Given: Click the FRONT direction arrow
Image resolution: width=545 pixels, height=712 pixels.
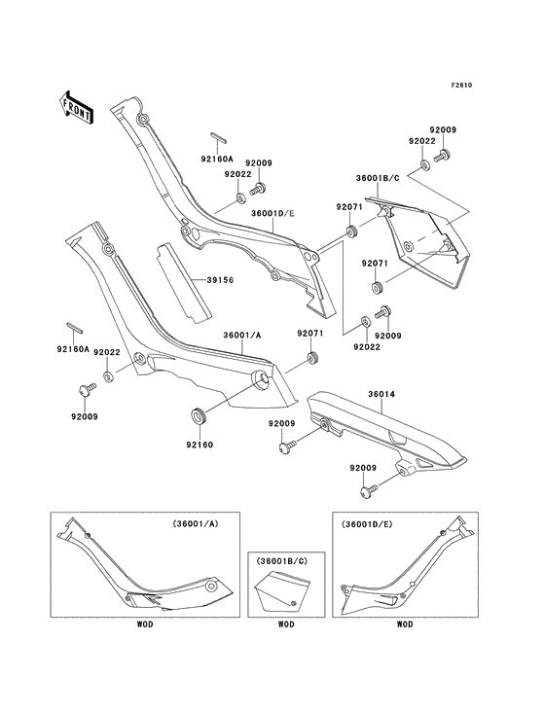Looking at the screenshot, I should (x=77, y=106).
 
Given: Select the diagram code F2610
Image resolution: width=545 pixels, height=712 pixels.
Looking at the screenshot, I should (x=461, y=86).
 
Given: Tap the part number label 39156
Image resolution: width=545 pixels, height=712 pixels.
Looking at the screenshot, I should (x=219, y=280).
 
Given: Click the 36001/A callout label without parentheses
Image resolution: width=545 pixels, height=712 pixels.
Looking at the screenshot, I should (x=241, y=336).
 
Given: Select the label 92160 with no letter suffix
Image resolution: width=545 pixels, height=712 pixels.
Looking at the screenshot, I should (x=199, y=445).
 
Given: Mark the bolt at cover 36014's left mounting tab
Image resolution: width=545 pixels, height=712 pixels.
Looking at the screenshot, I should (x=287, y=448).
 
